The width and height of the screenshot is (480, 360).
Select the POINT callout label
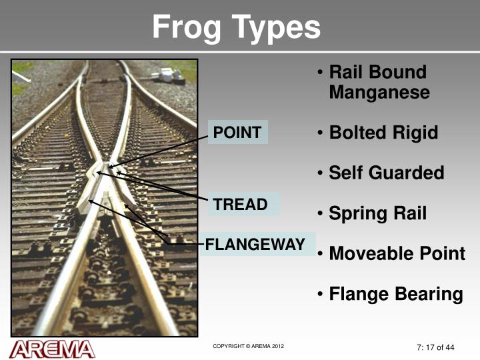pyautogui.click(x=237, y=132)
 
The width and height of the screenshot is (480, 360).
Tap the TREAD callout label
pyautogui.click(x=240, y=205)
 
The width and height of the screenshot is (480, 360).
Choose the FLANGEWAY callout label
pyautogui.click(x=255, y=245)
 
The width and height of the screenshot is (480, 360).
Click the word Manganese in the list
pyautogui.click(x=379, y=93)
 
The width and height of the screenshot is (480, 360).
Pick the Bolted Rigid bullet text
pyautogui.click(x=383, y=133)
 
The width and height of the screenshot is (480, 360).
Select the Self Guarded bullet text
pyautogui.click(x=386, y=173)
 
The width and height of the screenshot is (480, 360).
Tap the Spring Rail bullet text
pyautogui.click(x=377, y=214)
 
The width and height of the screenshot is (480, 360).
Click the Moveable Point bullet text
pyautogui.click(x=397, y=254)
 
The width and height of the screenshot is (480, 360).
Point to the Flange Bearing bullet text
pyautogui.click(x=395, y=294)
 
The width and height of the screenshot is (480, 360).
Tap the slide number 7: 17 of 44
pyautogui.click(x=431, y=347)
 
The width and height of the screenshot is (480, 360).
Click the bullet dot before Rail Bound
pyautogui.click(x=321, y=72)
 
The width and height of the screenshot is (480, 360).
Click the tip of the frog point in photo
pyautogui.click(x=109, y=165)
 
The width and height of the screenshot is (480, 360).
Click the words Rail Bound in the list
pyautogui.click(x=377, y=72)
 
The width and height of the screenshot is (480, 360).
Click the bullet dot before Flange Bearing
pyautogui.click(x=321, y=294)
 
